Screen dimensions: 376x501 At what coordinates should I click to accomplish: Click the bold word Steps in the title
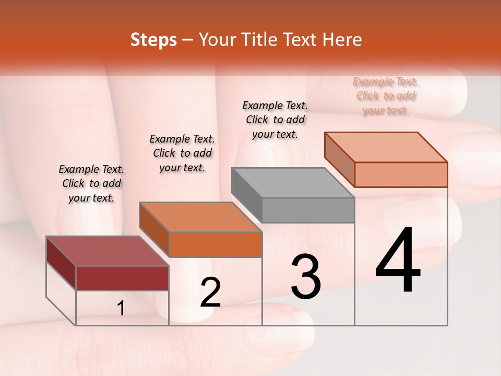click(153, 40)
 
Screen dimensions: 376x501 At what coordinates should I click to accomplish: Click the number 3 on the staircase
click(305, 277)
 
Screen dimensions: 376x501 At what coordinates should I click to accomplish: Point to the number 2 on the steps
click(210, 292)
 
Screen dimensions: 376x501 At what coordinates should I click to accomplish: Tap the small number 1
click(121, 309)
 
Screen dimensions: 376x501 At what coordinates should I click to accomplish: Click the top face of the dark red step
click(107, 251)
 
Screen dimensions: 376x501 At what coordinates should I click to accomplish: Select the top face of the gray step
click(292, 183)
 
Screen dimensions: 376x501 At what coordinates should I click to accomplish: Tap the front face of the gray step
click(308, 210)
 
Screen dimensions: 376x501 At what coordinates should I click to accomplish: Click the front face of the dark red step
click(122, 278)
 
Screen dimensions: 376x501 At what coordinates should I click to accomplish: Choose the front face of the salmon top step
click(401, 174)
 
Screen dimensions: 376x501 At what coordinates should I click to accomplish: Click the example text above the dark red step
click(91, 183)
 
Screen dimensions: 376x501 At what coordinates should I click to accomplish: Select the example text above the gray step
click(275, 120)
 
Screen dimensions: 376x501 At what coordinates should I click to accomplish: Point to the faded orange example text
click(386, 96)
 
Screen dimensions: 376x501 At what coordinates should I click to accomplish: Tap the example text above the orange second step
click(182, 153)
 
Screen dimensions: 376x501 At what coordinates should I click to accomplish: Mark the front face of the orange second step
click(216, 244)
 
